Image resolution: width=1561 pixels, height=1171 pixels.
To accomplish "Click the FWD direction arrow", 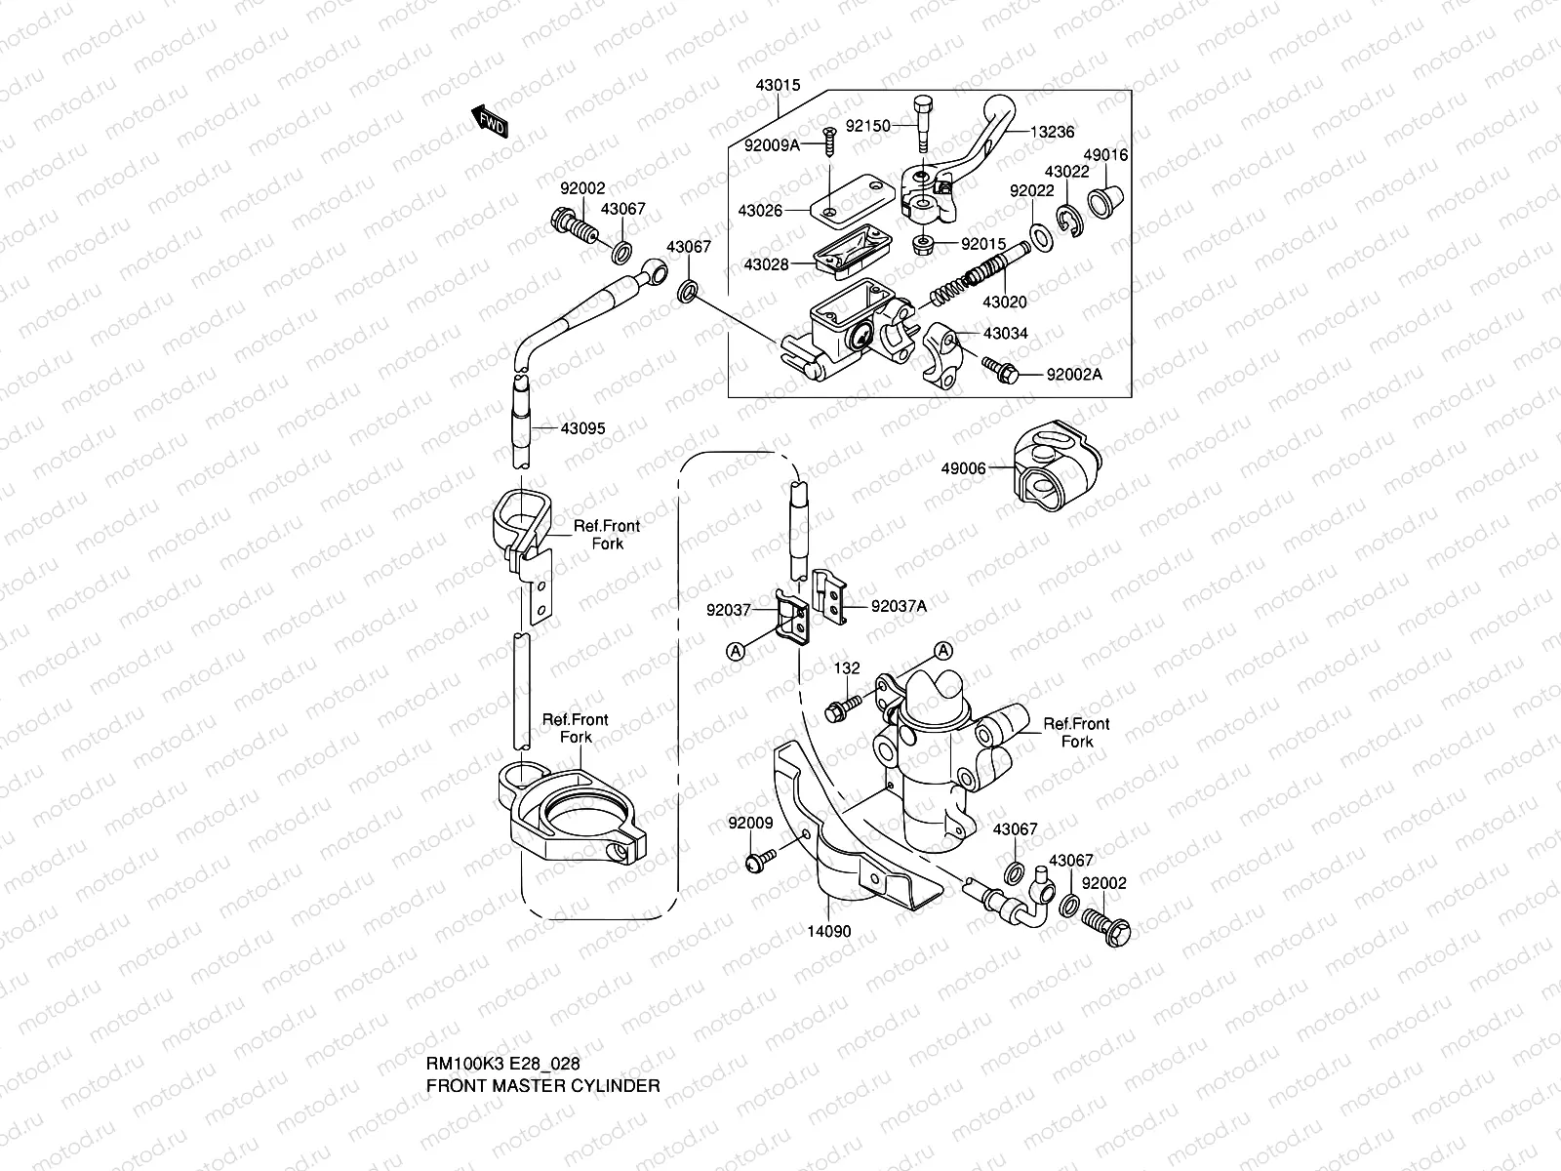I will click(x=491, y=121).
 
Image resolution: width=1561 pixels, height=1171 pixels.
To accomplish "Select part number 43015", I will click(x=778, y=86).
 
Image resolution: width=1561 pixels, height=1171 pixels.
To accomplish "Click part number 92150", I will click(x=867, y=126).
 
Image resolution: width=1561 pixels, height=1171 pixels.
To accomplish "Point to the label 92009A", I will click(x=772, y=145).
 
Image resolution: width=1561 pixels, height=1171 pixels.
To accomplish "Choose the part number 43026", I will click(x=760, y=210).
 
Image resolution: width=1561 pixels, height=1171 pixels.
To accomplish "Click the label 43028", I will click(x=766, y=264).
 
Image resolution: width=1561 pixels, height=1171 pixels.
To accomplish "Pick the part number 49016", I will click(x=1106, y=155).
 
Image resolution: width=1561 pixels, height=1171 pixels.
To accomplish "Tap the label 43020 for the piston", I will click(x=1004, y=303).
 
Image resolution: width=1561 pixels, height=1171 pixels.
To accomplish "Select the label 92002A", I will click(x=1074, y=375).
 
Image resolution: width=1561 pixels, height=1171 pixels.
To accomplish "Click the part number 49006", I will click(x=963, y=468).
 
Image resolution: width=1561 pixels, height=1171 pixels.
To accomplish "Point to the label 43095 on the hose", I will click(x=582, y=428).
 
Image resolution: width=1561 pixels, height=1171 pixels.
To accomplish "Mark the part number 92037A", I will click(x=899, y=606).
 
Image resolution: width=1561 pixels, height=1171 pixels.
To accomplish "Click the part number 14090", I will click(x=829, y=931).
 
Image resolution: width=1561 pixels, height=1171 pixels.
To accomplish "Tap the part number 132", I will click(x=847, y=668).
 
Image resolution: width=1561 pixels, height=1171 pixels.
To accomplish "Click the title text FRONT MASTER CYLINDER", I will click(x=543, y=1085).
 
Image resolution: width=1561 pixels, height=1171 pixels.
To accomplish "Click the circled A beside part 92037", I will click(x=737, y=648).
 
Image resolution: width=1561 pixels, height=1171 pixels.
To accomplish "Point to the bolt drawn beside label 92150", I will click(x=923, y=124).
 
